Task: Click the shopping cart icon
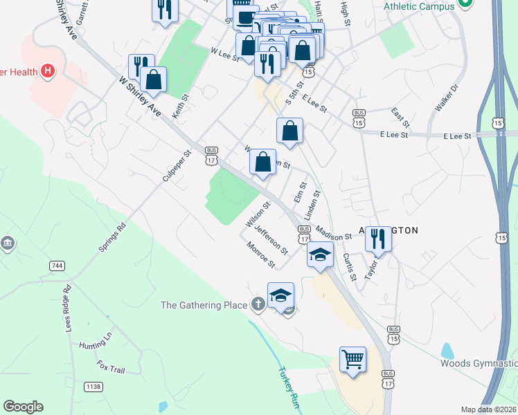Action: click(353, 360)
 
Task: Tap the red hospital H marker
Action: click(48, 70)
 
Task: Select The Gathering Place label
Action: click(204, 305)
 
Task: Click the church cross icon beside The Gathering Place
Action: click(258, 304)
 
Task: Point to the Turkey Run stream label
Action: click(287, 387)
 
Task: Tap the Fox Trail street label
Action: click(110, 366)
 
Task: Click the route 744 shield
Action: click(57, 266)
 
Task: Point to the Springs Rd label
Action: click(112, 237)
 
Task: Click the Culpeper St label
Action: click(176, 167)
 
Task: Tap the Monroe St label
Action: click(261, 255)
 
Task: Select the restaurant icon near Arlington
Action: click(377, 239)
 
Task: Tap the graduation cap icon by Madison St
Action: click(321, 255)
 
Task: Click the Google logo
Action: click(23, 407)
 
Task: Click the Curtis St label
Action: click(349, 266)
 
